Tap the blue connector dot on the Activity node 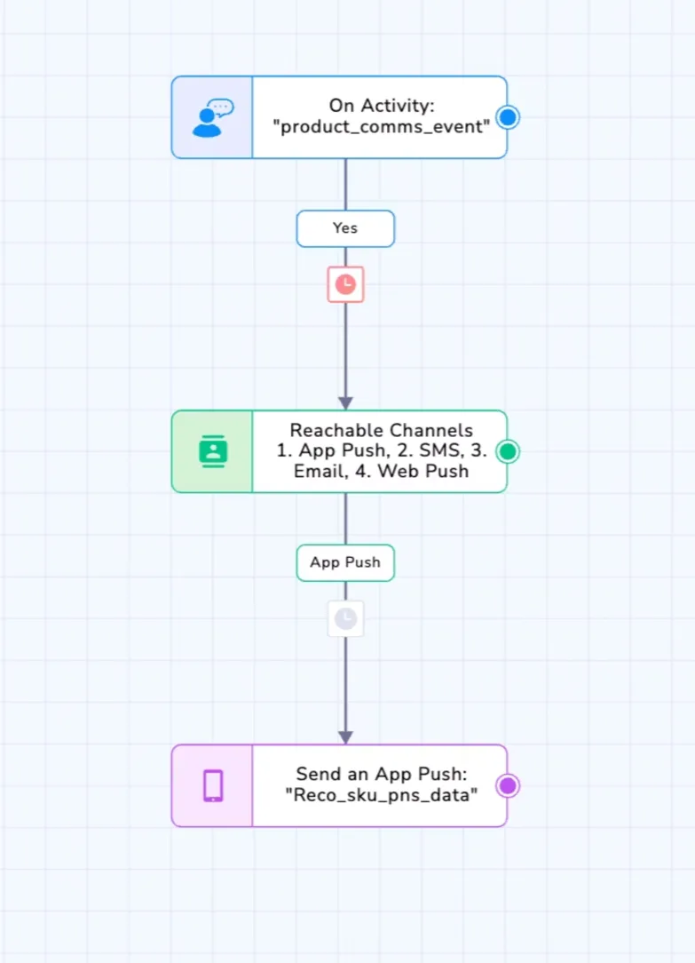508,117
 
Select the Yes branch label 345,228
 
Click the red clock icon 345,284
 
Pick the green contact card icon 213,451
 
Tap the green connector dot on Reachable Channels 508,451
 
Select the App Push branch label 345,562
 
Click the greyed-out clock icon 345,618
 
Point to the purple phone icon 213,785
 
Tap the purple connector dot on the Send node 508,785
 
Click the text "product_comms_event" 382,127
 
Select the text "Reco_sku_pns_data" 382,795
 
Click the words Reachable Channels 382,430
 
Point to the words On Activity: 382,106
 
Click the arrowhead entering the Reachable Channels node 345,403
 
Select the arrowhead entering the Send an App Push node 345,737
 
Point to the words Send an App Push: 382,774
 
